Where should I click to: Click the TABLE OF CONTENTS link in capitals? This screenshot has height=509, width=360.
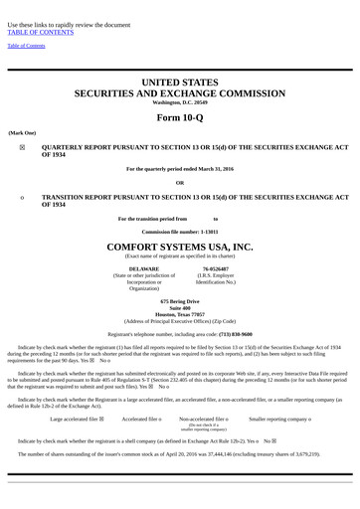point(41,32)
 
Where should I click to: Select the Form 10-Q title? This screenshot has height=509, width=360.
point(180,117)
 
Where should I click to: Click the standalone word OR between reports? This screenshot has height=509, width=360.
point(180,183)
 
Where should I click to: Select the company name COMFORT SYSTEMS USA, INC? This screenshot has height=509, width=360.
point(180,246)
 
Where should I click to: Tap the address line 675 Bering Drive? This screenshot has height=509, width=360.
point(180,299)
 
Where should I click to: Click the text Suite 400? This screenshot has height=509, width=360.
point(180,306)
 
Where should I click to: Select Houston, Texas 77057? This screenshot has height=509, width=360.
point(180,313)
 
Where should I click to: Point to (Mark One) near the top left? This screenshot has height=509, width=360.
point(22,131)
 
